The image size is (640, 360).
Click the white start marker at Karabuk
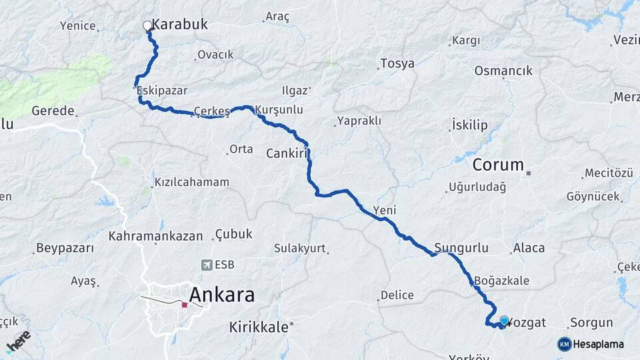point(147,26)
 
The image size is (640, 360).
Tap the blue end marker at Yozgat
point(504,321)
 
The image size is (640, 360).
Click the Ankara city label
point(221,294)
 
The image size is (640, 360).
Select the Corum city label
point(498,164)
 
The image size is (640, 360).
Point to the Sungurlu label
point(461,248)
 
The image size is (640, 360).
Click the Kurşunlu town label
point(280,109)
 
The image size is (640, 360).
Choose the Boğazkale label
point(503,281)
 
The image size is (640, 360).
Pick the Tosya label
point(397,64)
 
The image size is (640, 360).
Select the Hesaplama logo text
point(597,344)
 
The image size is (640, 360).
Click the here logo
point(19,341)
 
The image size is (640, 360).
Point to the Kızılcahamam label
point(191,182)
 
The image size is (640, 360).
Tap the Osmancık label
point(503,71)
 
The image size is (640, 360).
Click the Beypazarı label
point(65,249)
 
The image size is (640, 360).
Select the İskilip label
point(469,125)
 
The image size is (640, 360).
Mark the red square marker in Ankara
point(185,305)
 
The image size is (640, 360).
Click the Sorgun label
point(591,323)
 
